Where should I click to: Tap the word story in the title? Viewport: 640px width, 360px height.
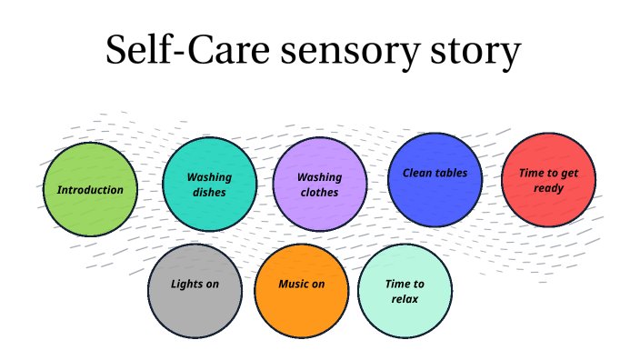[474, 53]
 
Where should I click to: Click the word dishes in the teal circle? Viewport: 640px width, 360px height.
[209, 193]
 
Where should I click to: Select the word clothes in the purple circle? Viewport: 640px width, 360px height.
[320, 193]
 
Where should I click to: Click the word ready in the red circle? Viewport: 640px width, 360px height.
[548, 188]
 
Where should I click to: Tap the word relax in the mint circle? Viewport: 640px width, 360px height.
[405, 298]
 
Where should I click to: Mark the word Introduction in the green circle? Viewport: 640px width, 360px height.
[90, 190]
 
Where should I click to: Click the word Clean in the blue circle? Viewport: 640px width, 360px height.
[417, 173]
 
